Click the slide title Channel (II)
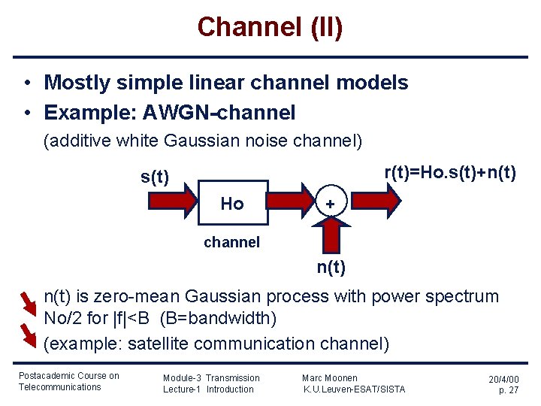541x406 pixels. coord(270,27)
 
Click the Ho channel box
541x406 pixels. coord(233,203)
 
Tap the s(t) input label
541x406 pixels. coord(155,177)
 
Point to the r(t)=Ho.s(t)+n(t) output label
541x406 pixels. coord(450,172)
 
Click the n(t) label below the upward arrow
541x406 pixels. coord(331,266)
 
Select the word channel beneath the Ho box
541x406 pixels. coord(232,242)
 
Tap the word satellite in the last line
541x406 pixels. coord(158,344)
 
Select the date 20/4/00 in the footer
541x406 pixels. coord(503,380)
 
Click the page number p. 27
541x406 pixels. coord(509,391)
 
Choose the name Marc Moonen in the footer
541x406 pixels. coord(329,377)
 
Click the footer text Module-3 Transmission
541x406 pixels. coord(211,377)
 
